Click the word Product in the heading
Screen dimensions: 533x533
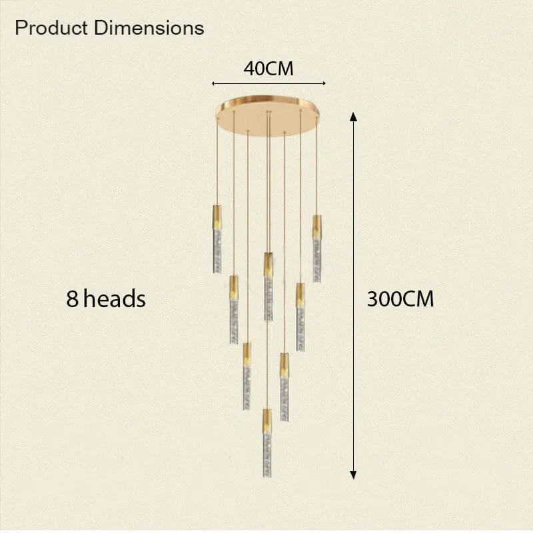pos(51,28)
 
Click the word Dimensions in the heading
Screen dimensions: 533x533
pos(149,28)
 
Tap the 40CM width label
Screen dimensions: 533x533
pos(268,69)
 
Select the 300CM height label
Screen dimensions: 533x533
pos(400,299)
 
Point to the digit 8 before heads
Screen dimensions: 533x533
pos(72,298)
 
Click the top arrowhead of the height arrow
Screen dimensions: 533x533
pos(354,117)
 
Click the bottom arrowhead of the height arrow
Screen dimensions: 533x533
pos(354,475)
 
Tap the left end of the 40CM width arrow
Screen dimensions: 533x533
pos(213,83)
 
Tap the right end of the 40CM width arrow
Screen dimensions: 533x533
pos(324,83)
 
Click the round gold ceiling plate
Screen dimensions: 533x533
pos(268,115)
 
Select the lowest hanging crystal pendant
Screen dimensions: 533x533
pos(267,443)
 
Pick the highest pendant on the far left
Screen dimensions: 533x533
pos(217,239)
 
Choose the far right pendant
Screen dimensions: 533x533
pos(317,249)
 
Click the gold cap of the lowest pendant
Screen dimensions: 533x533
pos(267,421)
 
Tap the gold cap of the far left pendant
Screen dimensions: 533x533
pos(217,217)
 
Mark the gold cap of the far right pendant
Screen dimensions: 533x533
pos(317,227)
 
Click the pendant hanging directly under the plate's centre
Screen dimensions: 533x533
pos(268,286)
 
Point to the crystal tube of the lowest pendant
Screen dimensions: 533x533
pos(267,455)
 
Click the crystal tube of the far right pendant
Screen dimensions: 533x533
pos(317,261)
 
